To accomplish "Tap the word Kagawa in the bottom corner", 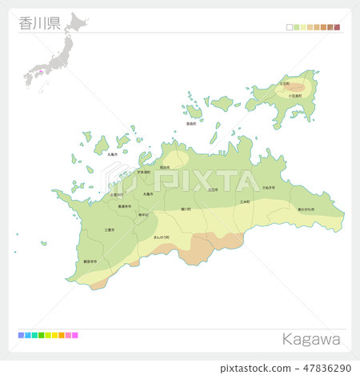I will (x=310, y=339).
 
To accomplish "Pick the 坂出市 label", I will (x=164, y=167).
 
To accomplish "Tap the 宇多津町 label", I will (x=143, y=172).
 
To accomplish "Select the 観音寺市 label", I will (x=90, y=261).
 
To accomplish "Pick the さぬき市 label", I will (x=269, y=187).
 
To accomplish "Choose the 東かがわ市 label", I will (x=306, y=209).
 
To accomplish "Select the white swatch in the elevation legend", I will (x=290, y=27).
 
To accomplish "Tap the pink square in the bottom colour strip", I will (x=75, y=335).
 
